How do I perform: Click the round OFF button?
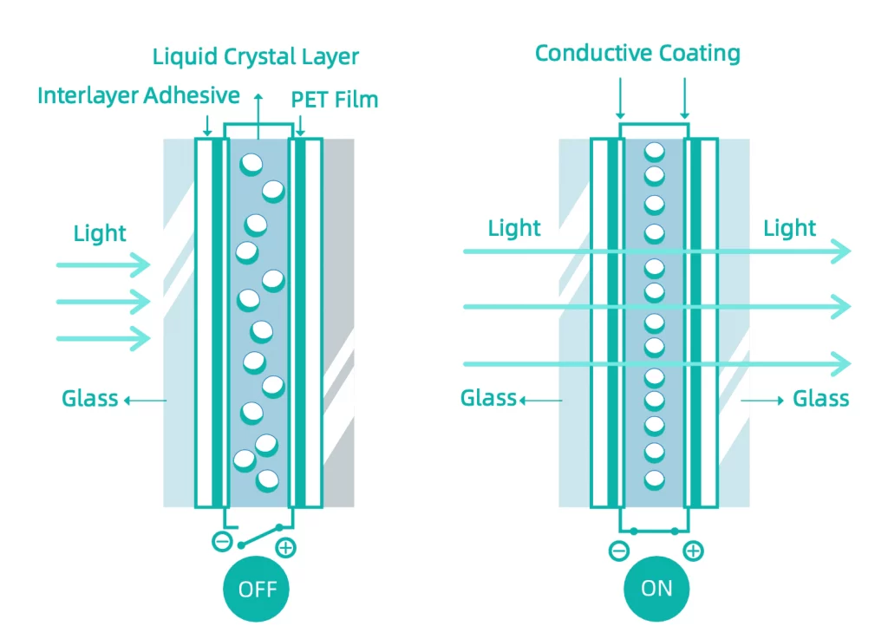(256, 589)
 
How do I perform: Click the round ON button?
(656, 589)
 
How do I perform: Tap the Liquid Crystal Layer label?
(256, 57)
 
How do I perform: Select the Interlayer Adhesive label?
(139, 95)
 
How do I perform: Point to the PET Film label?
(335, 100)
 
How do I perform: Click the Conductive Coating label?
(637, 53)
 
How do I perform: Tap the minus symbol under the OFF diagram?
(222, 542)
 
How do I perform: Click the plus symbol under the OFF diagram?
(285, 548)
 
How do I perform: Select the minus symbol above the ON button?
(619, 551)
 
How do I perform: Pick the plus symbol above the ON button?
(693, 551)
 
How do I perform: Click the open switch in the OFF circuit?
(260, 537)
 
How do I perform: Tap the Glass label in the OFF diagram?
(90, 399)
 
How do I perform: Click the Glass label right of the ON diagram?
(820, 399)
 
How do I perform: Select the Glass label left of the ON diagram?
(489, 399)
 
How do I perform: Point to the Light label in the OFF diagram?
(100, 233)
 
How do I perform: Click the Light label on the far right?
(789, 228)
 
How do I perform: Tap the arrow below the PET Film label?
(300, 126)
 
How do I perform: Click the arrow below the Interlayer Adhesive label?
(207, 126)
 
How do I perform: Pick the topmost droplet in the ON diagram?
(654, 153)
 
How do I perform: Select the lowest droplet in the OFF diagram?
(267, 481)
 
